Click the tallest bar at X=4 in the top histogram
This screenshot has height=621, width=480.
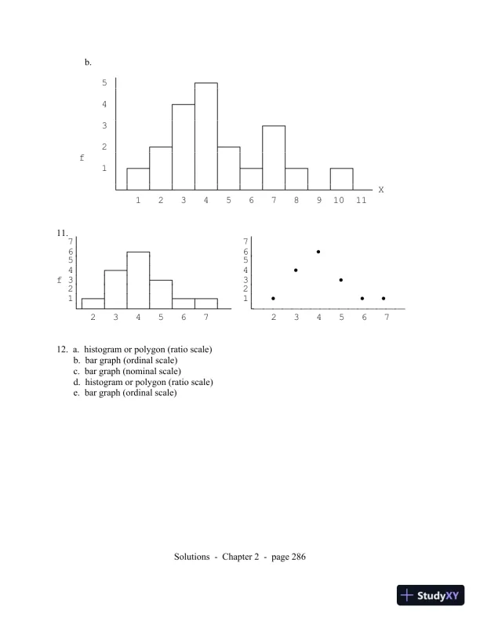click(206, 136)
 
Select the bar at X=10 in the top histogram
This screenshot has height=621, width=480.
click(341, 180)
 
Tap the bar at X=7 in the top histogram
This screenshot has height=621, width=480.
click(274, 158)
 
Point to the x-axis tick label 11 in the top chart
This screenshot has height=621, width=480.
click(361, 201)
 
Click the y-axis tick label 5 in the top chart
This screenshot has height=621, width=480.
click(104, 82)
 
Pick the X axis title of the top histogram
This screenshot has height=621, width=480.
click(381, 190)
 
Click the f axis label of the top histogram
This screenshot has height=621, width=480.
click(82, 158)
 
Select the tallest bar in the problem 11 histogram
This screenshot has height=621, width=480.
click(138, 280)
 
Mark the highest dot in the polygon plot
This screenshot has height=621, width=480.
click(318, 252)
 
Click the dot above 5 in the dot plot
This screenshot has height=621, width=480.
click(341, 280)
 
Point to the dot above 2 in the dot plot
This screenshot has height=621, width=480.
click(273, 298)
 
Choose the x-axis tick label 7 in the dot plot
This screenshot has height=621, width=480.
click(384, 318)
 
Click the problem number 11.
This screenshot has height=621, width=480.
click(64, 233)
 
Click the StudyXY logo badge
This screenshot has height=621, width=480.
click(431, 595)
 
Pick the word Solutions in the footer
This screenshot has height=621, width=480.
click(191, 557)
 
